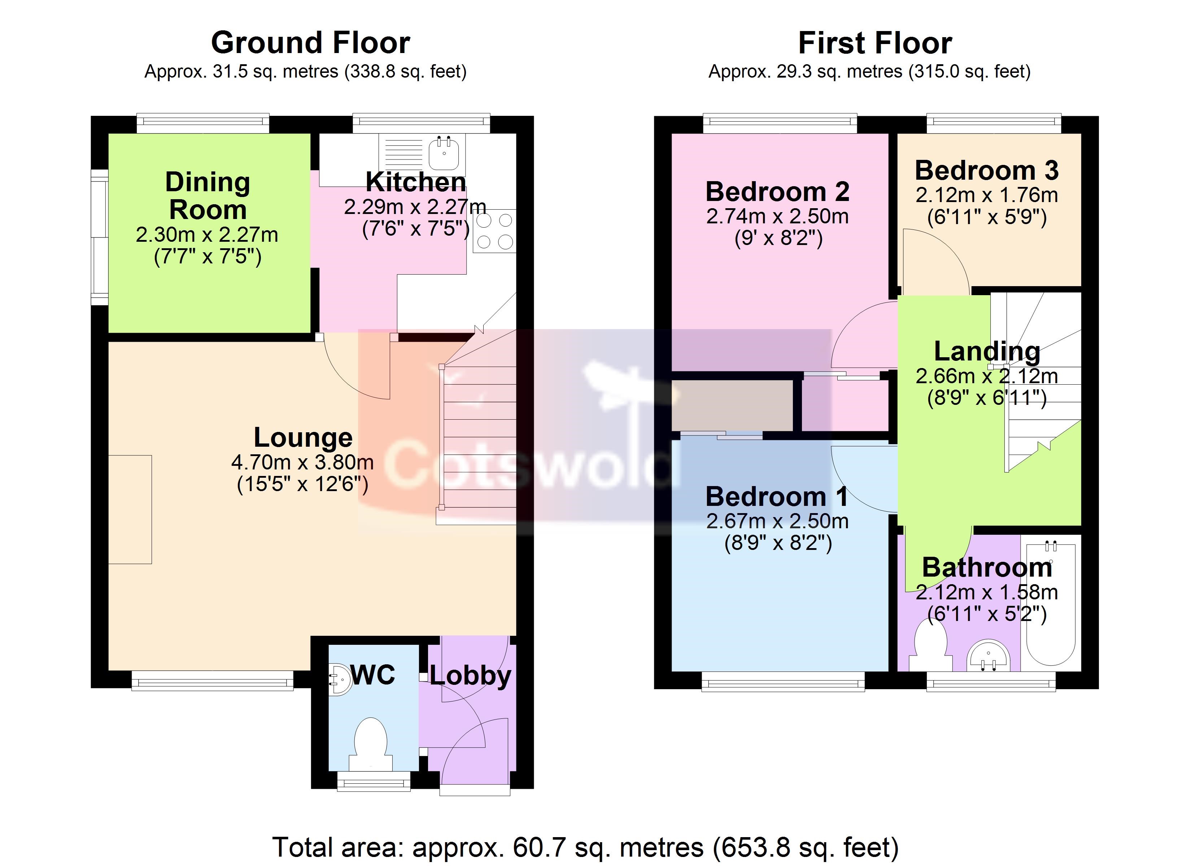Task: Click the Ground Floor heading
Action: click(310, 43)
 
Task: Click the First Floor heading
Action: click(875, 43)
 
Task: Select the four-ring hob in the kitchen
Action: click(494, 231)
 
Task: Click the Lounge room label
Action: click(303, 437)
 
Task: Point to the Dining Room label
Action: click(208, 196)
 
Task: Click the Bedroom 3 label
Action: click(987, 170)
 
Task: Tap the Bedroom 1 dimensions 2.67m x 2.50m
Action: click(777, 521)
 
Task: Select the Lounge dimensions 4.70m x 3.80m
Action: click(302, 462)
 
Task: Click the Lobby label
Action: click(471, 677)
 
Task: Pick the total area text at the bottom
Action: click(585, 847)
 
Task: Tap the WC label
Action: click(373, 674)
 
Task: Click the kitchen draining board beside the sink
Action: click(404, 152)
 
